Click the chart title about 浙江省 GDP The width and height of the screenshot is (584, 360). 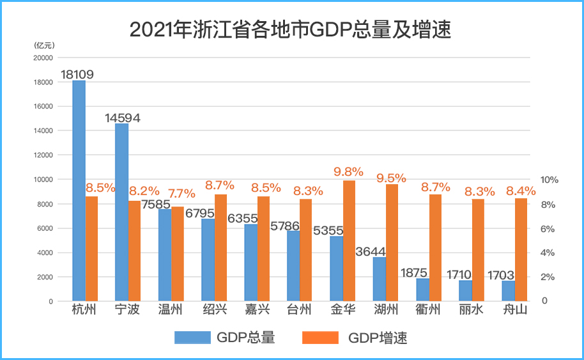291,29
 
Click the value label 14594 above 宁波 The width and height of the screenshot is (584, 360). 122,118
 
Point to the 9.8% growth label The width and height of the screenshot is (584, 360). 348,171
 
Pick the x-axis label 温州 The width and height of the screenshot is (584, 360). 171,311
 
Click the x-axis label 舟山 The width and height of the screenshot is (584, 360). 514,311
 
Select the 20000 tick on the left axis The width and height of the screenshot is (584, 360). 43,58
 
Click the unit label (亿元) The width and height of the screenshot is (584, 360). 45,45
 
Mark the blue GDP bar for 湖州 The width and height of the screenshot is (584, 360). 380,279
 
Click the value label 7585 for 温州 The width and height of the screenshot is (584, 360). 155,205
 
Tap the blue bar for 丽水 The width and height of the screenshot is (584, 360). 465,290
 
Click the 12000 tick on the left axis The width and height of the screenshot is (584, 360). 43,155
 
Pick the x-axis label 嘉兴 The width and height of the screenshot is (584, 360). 257,311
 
